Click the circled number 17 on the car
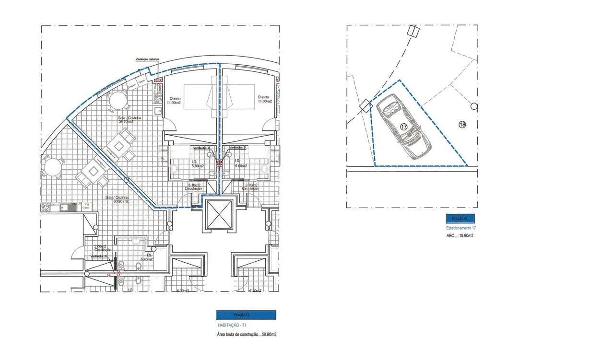[403, 127]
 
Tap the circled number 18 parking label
[462, 125]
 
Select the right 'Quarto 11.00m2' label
[264, 99]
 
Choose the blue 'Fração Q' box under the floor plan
[246, 315]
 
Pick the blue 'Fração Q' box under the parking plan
[460, 219]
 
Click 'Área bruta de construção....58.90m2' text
[247, 334]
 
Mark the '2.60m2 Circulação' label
[103, 248]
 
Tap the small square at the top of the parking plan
[412, 31]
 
